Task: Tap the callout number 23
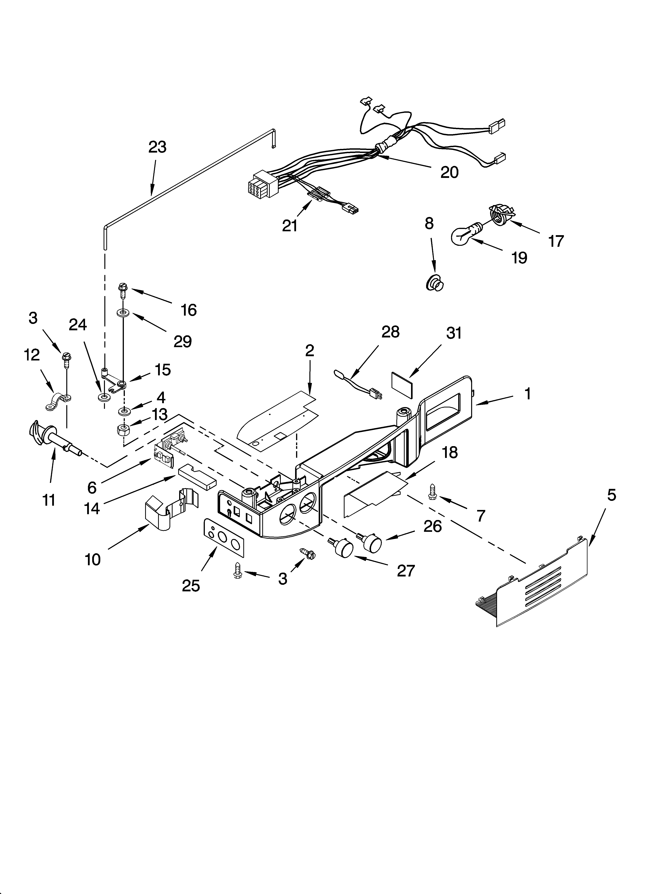[157, 147]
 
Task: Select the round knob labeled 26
[370, 542]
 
